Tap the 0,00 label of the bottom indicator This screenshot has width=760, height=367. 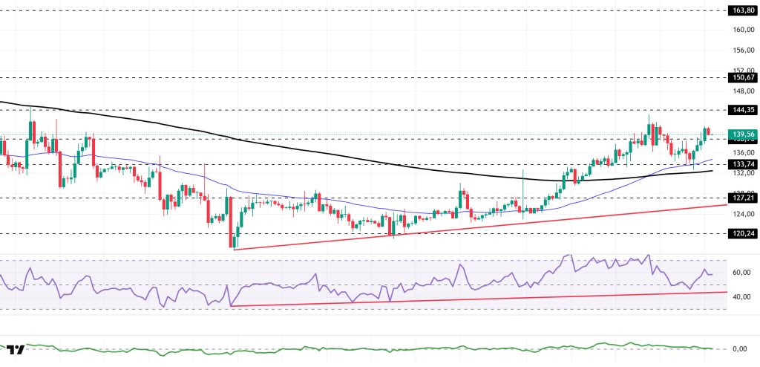[740, 348]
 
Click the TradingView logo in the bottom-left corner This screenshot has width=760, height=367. [16, 349]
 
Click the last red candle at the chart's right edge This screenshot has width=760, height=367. [708, 131]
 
